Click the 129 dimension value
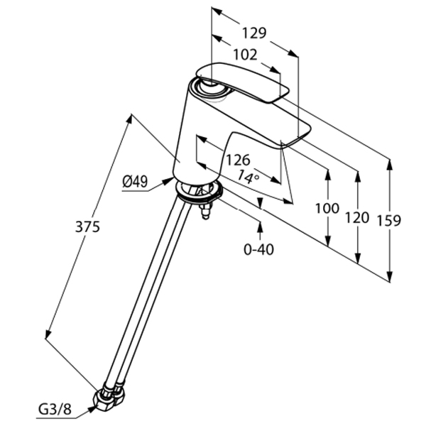point(254,33)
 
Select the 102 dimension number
point(245,55)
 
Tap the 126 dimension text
point(238,160)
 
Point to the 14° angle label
point(248,177)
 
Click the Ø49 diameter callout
point(135,181)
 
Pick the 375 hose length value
point(87,226)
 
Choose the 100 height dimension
point(327,208)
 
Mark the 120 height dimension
point(357,218)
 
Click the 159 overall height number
point(389,220)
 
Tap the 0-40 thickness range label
point(258,249)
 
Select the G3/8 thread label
point(55,410)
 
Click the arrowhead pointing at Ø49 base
point(168,180)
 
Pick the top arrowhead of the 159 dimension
point(390,165)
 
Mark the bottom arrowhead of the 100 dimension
point(328,241)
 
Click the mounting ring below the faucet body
point(199,193)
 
